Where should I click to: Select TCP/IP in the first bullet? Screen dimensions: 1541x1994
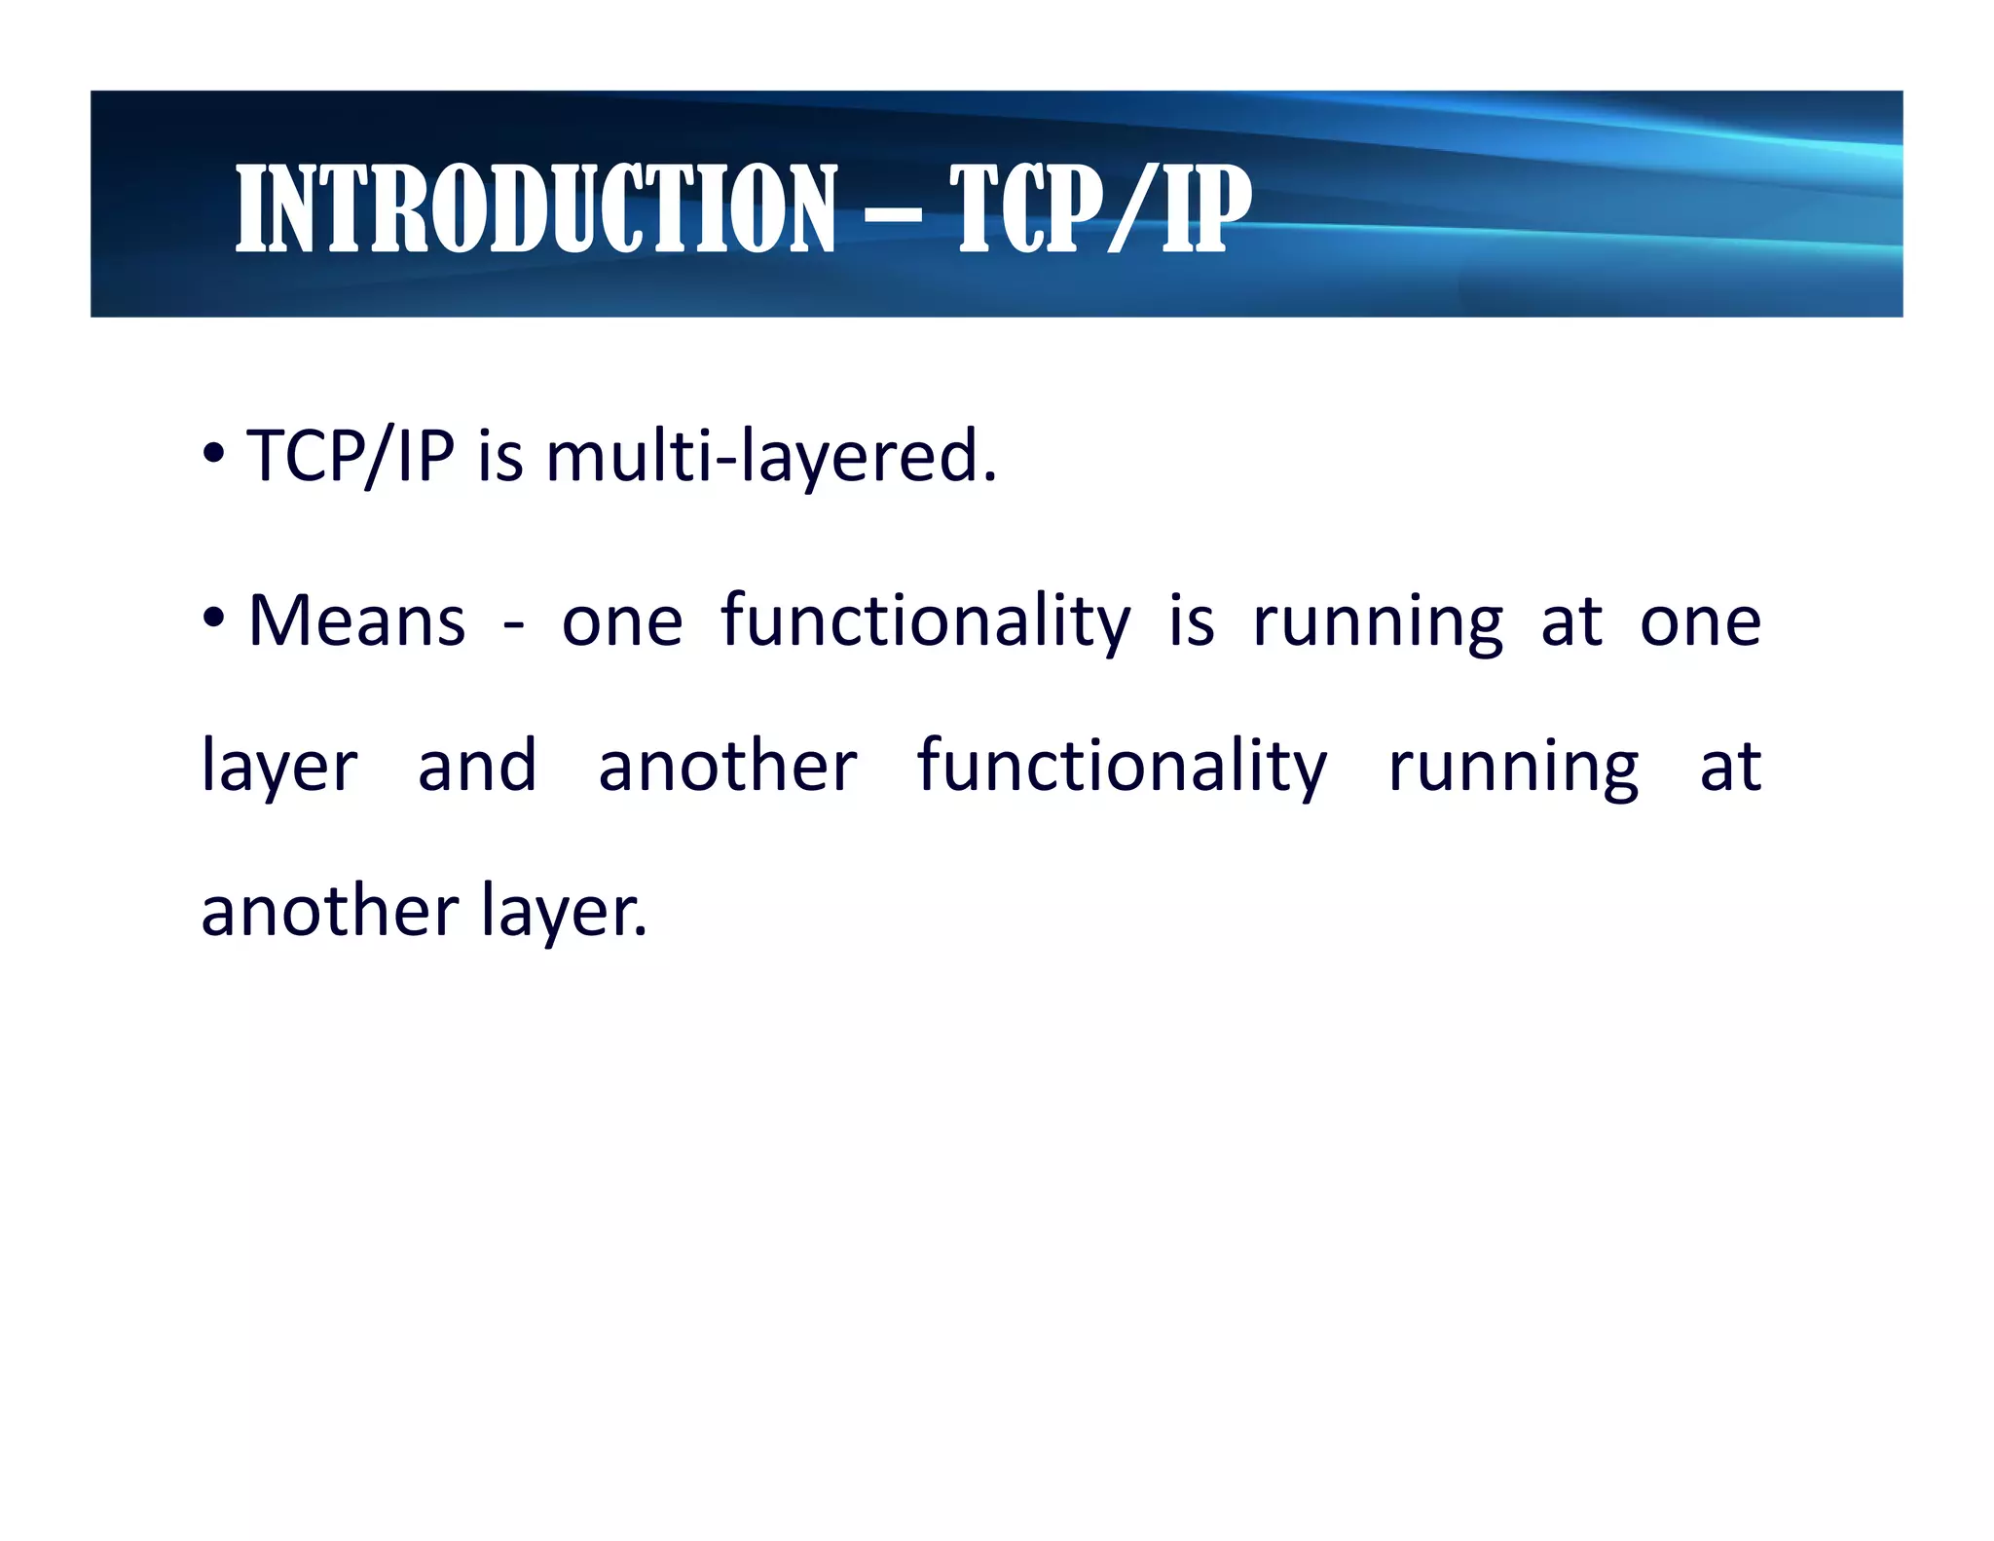pyautogui.click(x=351, y=457)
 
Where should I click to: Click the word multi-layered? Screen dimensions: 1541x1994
pyautogui.click(x=771, y=457)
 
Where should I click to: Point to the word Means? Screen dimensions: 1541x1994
pyautogui.click(x=357, y=620)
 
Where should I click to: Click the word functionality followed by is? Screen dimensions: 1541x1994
pyautogui.click(x=926, y=620)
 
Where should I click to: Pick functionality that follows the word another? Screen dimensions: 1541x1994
pyautogui.click(x=1122, y=766)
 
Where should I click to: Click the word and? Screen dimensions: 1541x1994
pyautogui.click(x=477, y=766)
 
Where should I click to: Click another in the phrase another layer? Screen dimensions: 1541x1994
pyautogui.click(x=329, y=911)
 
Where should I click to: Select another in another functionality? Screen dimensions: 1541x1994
pyautogui.click(x=727, y=766)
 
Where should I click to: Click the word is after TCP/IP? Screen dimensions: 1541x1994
pyautogui.click(x=500, y=457)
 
